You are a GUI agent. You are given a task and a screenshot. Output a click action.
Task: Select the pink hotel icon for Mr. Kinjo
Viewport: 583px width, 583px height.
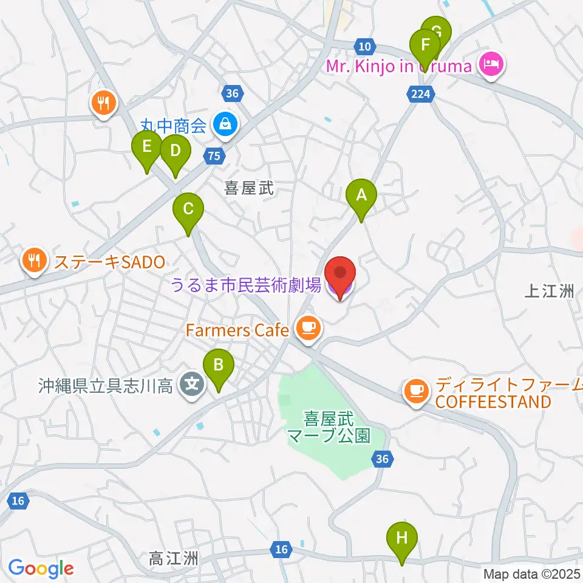pos(491,64)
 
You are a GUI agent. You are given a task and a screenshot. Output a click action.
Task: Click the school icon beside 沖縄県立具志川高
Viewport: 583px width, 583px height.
pos(193,386)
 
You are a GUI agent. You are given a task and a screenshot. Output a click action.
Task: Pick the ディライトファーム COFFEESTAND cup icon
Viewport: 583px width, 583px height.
pos(415,389)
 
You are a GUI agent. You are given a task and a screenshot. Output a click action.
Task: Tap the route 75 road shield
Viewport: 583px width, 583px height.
pos(213,156)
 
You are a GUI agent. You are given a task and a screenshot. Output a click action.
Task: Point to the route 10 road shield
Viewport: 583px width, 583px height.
pos(364,46)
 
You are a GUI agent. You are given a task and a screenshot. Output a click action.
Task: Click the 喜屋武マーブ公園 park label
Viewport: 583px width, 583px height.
pos(329,427)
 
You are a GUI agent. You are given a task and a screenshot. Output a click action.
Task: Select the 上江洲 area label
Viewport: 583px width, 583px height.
pos(549,291)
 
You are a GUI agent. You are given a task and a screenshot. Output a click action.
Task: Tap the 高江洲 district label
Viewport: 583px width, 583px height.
pos(173,557)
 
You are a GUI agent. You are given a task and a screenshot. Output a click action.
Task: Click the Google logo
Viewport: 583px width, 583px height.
pos(41,568)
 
